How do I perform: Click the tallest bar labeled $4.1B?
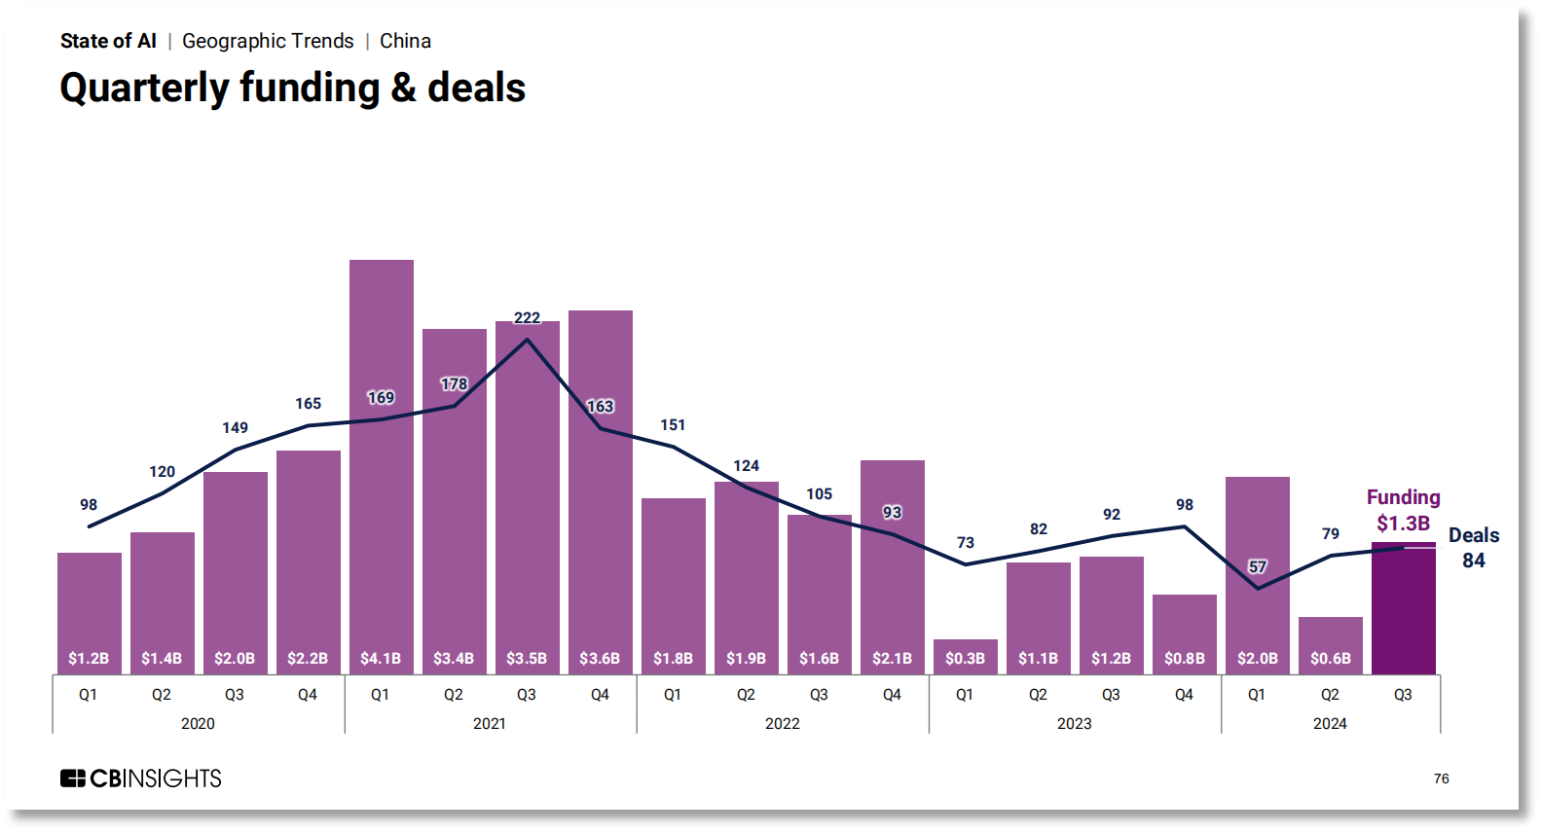tap(381, 467)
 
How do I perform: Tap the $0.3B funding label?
tap(965, 659)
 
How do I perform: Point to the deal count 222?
tap(527, 318)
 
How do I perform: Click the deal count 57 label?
tap(1258, 566)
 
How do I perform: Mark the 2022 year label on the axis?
tap(782, 723)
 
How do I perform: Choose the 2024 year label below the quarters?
tap(1330, 723)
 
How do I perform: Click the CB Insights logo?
tap(141, 779)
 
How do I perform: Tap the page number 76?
tap(1441, 779)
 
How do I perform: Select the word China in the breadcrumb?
tap(405, 41)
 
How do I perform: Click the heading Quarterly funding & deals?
tap(292, 88)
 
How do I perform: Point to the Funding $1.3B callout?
tap(1403, 510)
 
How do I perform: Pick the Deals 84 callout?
tap(1473, 548)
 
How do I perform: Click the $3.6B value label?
tap(600, 659)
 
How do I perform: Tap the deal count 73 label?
tap(965, 542)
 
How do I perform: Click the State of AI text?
tap(108, 41)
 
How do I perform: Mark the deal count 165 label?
tap(308, 404)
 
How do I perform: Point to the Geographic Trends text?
tap(268, 41)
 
